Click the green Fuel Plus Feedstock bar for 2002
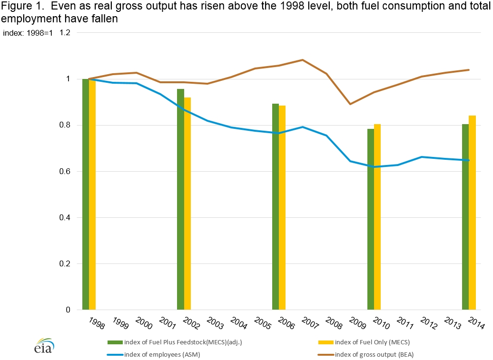(x=180, y=199)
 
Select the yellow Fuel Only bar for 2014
(x=472, y=213)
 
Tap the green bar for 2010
(x=371, y=219)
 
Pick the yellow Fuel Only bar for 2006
(x=282, y=208)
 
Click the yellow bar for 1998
(x=92, y=195)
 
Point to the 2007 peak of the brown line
(x=303, y=60)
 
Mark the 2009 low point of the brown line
(x=350, y=104)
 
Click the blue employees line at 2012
(x=421, y=157)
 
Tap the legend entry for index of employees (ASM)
(x=153, y=355)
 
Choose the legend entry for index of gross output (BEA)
(x=365, y=355)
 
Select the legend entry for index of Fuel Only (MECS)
(x=364, y=342)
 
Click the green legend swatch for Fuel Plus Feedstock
(x=115, y=342)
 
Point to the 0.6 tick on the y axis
(x=64, y=172)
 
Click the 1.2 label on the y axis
(x=65, y=33)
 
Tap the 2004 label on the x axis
(x=238, y=322)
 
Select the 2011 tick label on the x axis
(x=405, y=322)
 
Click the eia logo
(x=44, y=346)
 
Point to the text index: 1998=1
(x=28, y=33)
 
